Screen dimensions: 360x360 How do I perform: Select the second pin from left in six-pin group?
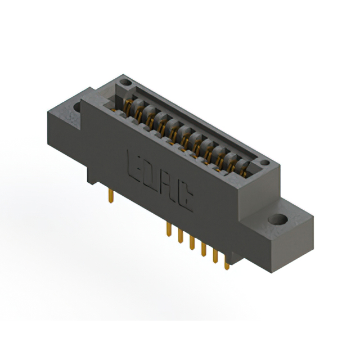[x=180, y=237]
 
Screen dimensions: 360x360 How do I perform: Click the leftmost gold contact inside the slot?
[x=128, y=107]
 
